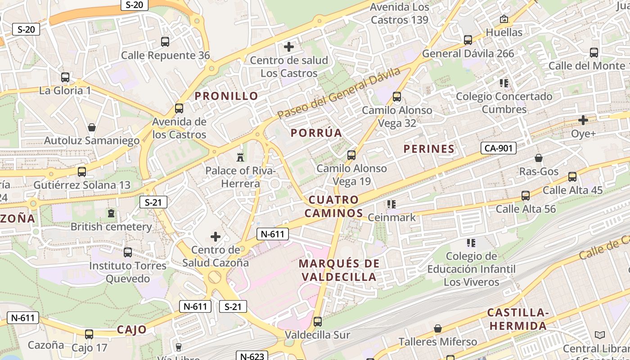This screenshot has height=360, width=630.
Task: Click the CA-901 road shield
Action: pyautogui.click(x=498, y=148)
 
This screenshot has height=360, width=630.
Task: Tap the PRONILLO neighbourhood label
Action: pyautogui.click(x=226, y=96)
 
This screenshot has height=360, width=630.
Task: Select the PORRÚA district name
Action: pyautogui.click(x=316, y=133)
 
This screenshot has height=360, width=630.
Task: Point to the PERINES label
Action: pyautogui.click(x=429, y=149)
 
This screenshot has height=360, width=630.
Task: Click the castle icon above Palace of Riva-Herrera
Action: pyautogui.click(x=240, y=157)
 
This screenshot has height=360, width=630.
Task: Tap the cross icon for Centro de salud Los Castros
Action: pyautogui.click(x=289, y=46)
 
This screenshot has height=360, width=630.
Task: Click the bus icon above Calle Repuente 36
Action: pyautogui.click(x=165, y=42)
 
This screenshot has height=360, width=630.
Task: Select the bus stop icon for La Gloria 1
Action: pyautogui.click(x=65, y=77)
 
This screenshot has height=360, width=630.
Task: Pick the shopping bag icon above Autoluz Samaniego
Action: pyautogui.click(x=92, y=127)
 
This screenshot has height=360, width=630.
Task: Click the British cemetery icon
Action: pyautogui.click(x=111, y=213)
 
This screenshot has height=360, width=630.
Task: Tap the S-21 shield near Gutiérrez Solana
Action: pyautogui.click(x=153, y=202)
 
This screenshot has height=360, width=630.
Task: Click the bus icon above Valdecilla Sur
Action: pyautogui.click(x=318, y=321)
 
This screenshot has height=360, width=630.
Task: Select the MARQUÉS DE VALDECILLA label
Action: pyautogui.click(x=339, y=270)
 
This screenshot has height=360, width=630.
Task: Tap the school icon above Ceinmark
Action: pyautogui.click(x=391, y=204)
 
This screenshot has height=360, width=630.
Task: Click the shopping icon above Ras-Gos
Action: pyautogui.click(x=539, y=158)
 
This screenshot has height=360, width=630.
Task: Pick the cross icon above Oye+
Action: pyautogui.click(x=583, y=120)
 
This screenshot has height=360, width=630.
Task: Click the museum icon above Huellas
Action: pyautogui.click(x=504, y=19)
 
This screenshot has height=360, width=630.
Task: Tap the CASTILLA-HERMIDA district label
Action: pyautogui.click(x=518, y=319)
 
